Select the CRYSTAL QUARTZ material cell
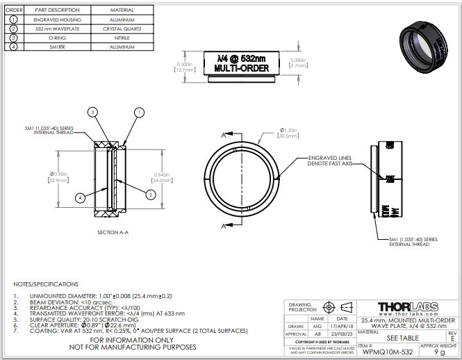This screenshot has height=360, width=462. click(x=122, y=29)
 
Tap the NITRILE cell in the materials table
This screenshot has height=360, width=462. click(x=122, y=38)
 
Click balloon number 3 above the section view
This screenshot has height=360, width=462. click(x=93, y=112)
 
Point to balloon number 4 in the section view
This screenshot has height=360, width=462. click(x=81, y=198)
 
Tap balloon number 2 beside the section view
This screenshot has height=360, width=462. click(x=150, y=195)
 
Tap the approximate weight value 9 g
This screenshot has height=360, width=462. click(x=439, y=352)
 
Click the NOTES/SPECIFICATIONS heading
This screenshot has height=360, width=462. click(x=46, y=284)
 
